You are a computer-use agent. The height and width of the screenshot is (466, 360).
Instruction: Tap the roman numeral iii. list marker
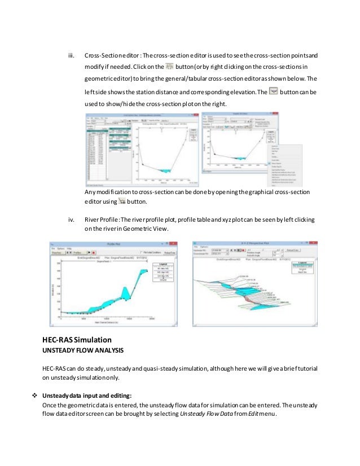click(71, 56)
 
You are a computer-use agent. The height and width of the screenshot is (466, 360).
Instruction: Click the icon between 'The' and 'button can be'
click(274, 90)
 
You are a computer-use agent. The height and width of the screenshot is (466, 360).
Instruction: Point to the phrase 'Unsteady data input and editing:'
click(89, 395)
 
